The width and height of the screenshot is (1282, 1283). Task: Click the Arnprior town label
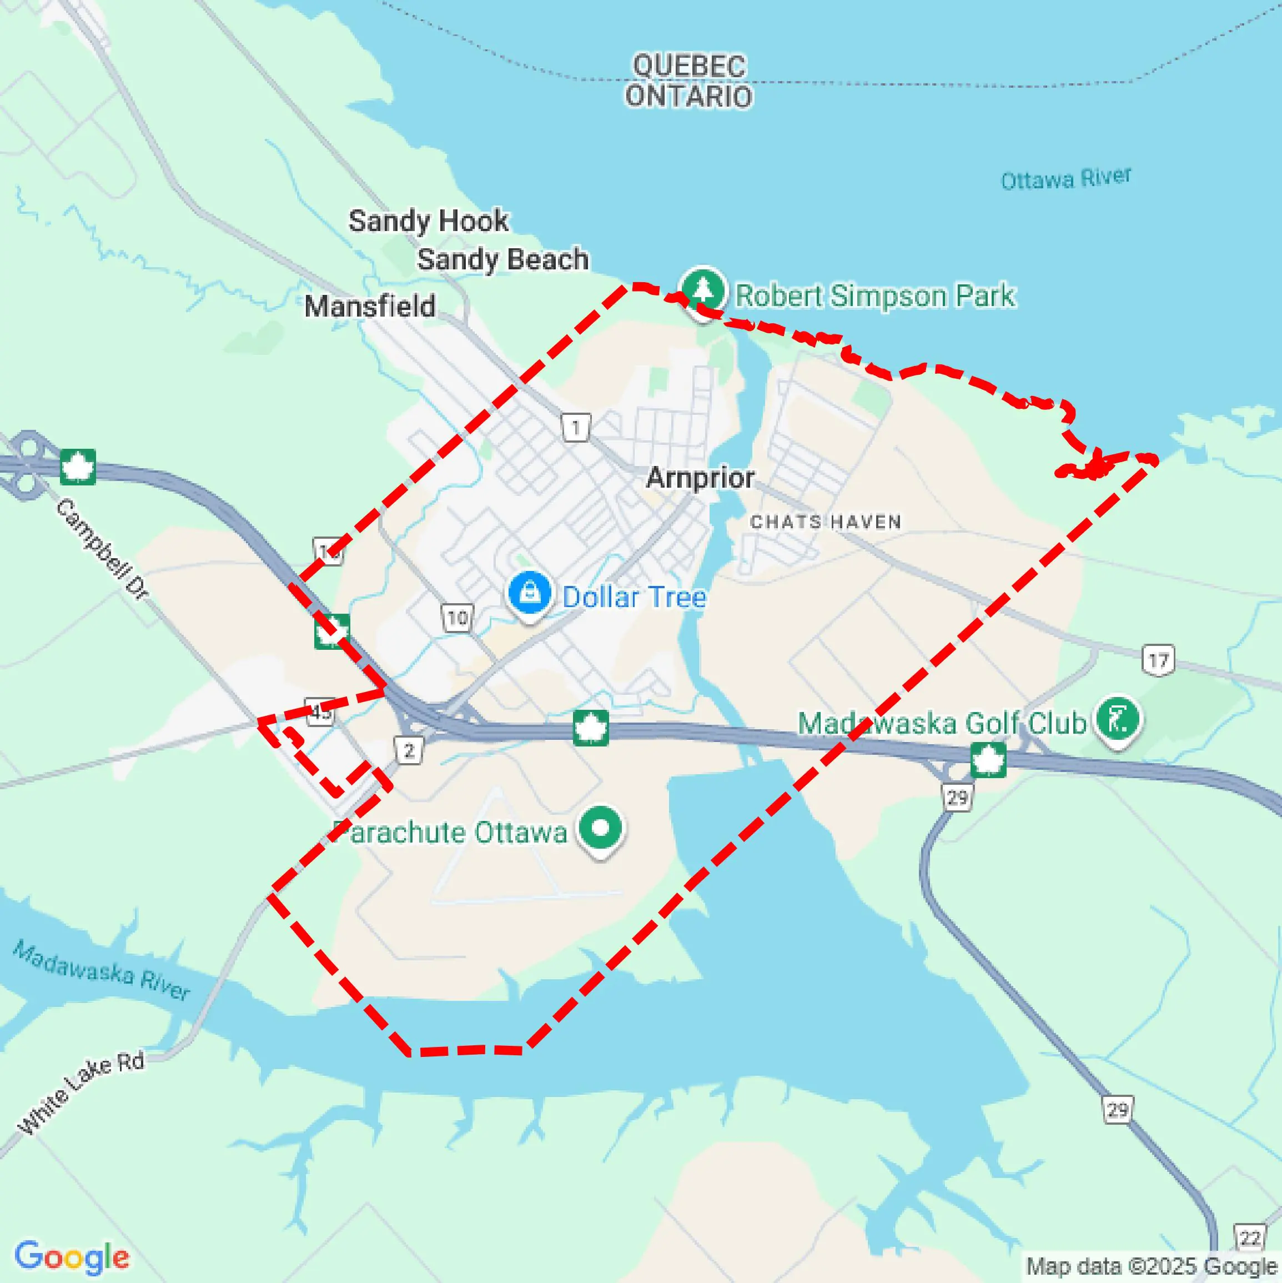coord(700,478)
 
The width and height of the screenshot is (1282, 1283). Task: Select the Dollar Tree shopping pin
coord(529,593)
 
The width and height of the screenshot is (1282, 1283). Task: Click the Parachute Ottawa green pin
coord(600,828)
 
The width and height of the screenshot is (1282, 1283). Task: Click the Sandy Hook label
coord(428,220)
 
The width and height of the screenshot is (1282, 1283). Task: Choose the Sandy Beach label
coord(502,259)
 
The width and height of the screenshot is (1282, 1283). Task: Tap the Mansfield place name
coord(370,306)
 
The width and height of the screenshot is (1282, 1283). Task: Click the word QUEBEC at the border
coord(689,66)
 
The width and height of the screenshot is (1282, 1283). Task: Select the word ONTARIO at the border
coord(689,96)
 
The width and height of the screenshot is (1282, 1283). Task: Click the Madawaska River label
coord(102,971)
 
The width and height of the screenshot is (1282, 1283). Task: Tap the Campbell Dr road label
coord(102,549)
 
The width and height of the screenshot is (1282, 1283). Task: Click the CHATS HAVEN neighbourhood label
coord(825,522)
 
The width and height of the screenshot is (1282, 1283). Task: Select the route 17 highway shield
coord(1158,660)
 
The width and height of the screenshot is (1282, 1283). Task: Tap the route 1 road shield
coord(575,428)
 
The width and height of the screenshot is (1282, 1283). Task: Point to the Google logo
coord(72,1257)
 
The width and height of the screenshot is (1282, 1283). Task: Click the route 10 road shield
coord(457,618)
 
